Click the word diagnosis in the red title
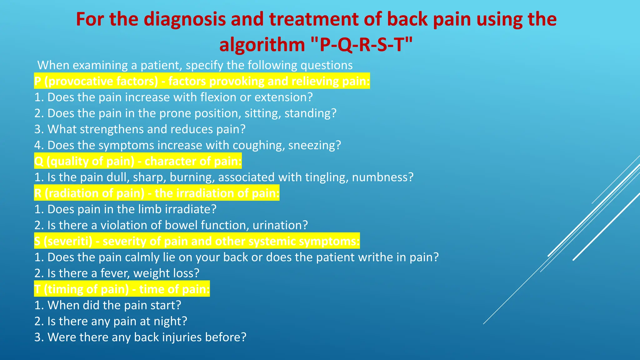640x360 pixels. pos(184,19)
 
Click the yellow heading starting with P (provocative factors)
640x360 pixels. pos(202,81)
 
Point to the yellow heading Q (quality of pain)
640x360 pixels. pos(138,161)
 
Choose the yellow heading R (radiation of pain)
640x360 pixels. pos(157,193)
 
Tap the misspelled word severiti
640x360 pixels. pos(68,241)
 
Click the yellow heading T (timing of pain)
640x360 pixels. pos(122,289)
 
